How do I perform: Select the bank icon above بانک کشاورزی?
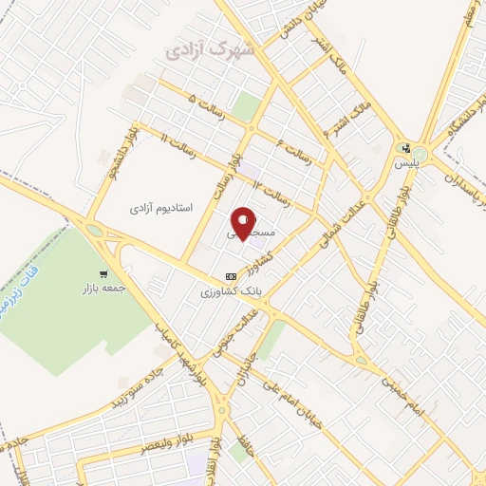[229, 276]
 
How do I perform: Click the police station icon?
[406, 148]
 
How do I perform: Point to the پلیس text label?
[405, 163]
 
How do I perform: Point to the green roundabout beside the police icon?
[419, 152]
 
